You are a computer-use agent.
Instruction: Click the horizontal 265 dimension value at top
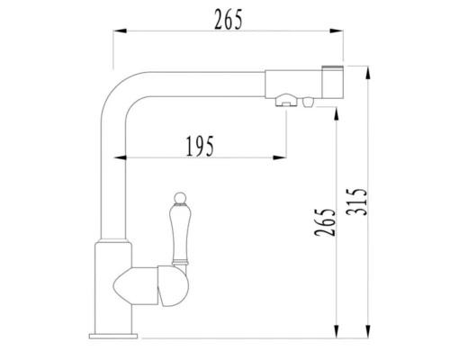click(229, 19)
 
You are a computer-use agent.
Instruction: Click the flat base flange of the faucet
click(112, 333)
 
